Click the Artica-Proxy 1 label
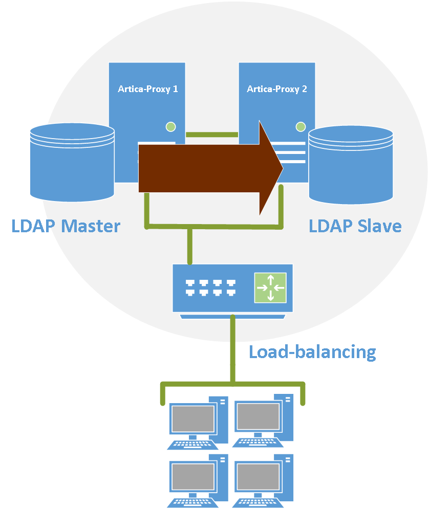point(148,89)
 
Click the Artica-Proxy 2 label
point(277,89)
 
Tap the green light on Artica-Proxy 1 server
point(170,126)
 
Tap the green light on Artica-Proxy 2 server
point(301,126)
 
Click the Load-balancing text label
point(312,352)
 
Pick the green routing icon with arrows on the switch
point(270,287)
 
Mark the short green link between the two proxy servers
point(211,135)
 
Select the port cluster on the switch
point(210,287)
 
